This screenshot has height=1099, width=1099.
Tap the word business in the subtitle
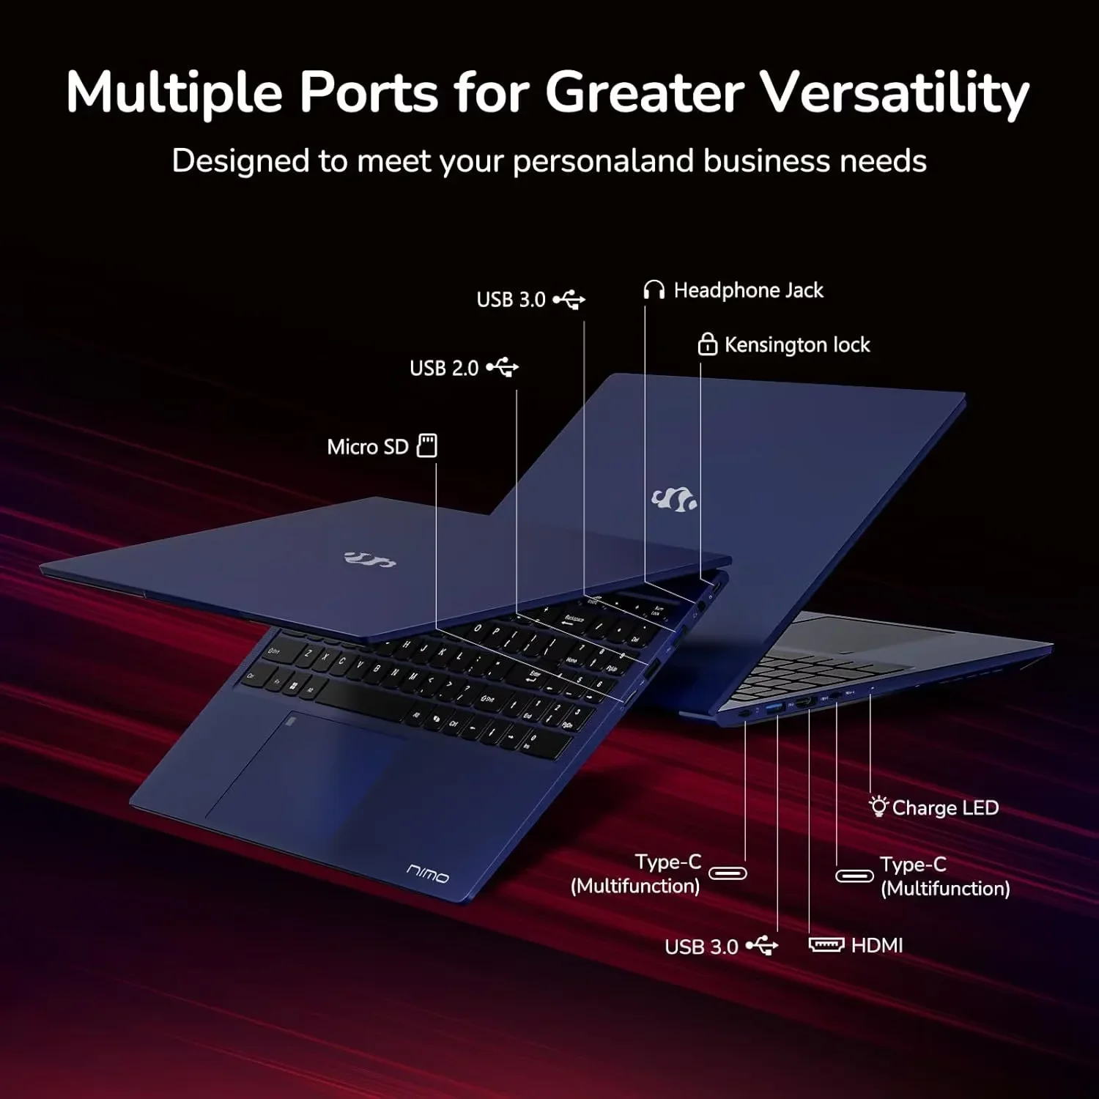click(767, 160)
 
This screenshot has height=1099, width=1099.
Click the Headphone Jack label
click(748, 291)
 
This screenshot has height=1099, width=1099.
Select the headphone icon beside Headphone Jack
click(654, 290)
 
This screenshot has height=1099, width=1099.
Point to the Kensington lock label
click(797, 345)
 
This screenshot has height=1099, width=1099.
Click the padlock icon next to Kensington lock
click(707, 344)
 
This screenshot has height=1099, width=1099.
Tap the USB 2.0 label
click(444, 368)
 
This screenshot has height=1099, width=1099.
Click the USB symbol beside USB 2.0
click(502, 367)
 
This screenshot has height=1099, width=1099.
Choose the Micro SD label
click(367, 447)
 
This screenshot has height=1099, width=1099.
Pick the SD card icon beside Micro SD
click(427, 445)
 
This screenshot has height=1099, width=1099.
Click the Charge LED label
click(945, 808)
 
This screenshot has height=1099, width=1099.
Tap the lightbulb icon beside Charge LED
click(878, 806)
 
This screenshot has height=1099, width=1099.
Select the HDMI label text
click(877, 945)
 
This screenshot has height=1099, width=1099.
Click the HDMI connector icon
click(826, 944)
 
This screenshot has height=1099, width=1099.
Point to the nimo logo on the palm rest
click(428, 873)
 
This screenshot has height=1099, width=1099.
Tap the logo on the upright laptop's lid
click(674, 500)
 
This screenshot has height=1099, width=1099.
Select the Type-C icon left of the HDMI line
click(728, 873)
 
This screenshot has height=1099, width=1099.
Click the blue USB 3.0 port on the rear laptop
click(774, 708)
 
